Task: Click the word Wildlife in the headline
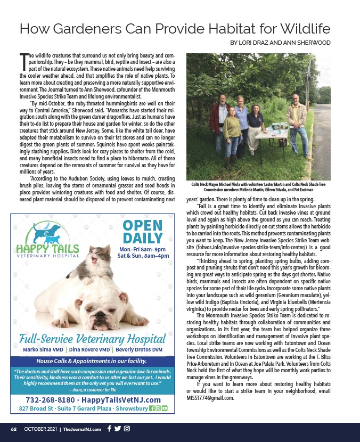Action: (300, 28)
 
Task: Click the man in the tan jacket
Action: (296, 125)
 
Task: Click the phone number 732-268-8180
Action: (50, 400)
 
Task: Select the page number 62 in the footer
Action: (14, 429)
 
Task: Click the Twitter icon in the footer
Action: (118, 428)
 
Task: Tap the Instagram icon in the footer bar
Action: (127, 428)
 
